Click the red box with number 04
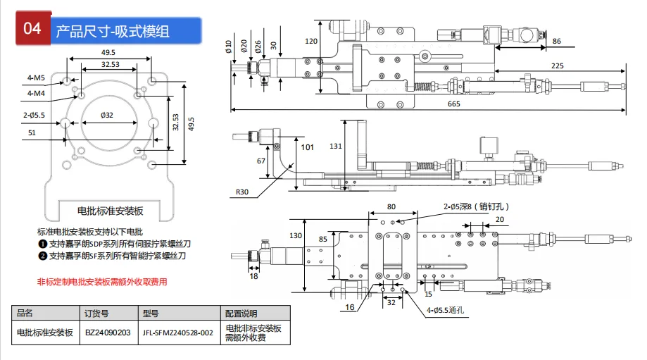[33, 28]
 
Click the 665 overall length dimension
[453, 104]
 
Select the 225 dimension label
[557, 66]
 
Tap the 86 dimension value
[557, 41]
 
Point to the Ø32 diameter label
[107, 115]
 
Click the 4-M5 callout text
[36, 77]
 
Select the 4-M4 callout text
[36, 93]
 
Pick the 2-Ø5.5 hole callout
[34, 115]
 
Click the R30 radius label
[242, 192]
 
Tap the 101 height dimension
[307, 147]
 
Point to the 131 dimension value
[335, 146]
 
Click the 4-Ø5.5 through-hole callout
[445, 310]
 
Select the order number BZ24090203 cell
[108, 333]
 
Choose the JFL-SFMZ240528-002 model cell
[178, 333]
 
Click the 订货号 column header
[96, 314]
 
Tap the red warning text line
[102, 282]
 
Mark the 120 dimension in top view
[310, 42]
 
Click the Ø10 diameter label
[229, 46]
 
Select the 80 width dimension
[391, 207]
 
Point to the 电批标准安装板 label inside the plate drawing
[110, 211]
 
